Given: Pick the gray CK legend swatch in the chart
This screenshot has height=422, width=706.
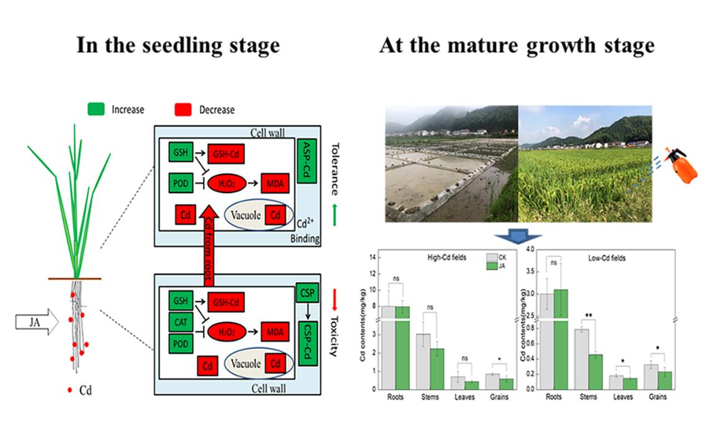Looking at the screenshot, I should [492, 258].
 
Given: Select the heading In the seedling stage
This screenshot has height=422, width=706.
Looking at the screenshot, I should [178, 45].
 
